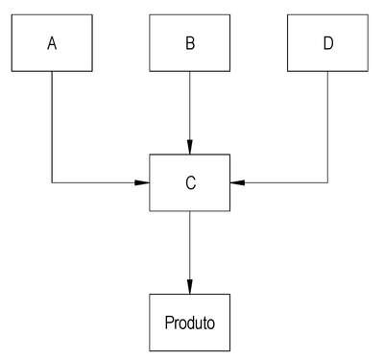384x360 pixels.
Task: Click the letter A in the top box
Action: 52,43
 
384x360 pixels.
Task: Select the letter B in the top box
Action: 190,43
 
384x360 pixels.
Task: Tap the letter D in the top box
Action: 328,43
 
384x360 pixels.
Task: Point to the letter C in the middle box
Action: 190,183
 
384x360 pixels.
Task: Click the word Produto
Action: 190,323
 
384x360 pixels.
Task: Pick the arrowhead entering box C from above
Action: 190,147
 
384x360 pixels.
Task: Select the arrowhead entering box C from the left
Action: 142,182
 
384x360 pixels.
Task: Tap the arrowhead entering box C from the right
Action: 237,182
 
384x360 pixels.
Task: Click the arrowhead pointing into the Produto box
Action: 190,287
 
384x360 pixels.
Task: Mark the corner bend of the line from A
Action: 52,182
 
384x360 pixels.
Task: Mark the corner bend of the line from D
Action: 327,182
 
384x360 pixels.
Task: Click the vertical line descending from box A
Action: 52,127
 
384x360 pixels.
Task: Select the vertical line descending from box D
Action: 327,127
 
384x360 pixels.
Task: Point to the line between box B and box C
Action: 190,113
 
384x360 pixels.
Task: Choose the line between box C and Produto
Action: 190,252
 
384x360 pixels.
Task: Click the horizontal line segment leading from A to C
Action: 101,182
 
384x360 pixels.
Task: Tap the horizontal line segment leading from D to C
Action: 278,182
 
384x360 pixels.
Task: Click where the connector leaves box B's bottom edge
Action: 190,71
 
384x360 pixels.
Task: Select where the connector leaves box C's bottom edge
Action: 190,211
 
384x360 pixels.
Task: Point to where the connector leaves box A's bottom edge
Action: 52,71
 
